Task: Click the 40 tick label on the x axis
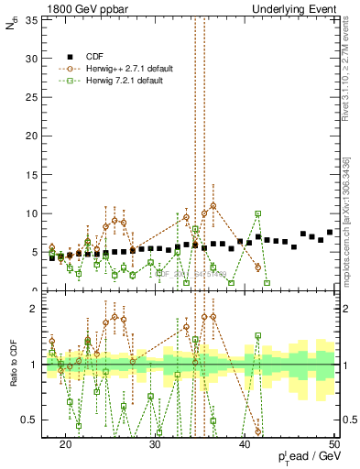245,444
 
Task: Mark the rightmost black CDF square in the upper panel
330,232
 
